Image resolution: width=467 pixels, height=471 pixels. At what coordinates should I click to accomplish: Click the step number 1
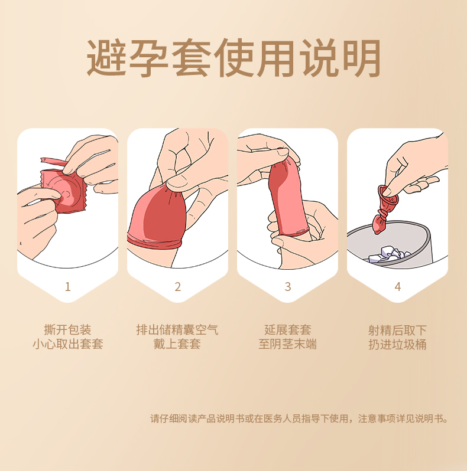coord(68,287)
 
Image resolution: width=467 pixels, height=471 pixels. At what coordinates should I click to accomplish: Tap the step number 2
coord(178,287)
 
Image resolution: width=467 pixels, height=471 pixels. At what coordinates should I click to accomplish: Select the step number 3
coord(288,287)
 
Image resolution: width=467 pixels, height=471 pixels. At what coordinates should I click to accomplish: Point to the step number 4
coord(398,287)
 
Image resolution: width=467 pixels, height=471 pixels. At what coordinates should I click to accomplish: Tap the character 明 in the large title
coord(361,57)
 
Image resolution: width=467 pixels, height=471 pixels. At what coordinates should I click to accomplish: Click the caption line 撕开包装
coord(68,330)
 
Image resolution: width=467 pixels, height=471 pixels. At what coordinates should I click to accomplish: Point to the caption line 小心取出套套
coord(68,344)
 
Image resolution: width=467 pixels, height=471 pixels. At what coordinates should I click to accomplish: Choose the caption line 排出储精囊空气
coord(177,330)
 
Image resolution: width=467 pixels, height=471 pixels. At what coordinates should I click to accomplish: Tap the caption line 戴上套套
coord(177,344)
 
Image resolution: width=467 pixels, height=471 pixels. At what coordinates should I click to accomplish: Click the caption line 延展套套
coord(288,330)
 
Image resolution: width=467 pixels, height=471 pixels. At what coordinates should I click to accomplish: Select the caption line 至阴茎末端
coord(288,344)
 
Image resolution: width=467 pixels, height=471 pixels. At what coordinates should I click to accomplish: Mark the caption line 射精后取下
coord(397,331)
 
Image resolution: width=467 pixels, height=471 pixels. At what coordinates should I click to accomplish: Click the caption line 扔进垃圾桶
coord(397,345)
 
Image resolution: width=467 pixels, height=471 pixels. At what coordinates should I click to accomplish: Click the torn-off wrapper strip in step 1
coord(54,162)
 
